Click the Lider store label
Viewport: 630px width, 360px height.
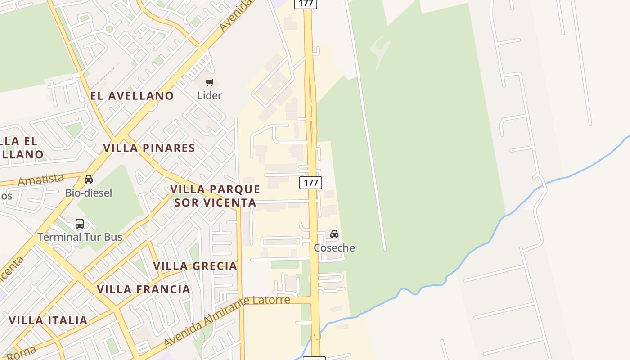pyautogui.click(x=210, y=95)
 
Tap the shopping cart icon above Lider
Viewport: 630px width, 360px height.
pyautogui.click(x=210, y=83)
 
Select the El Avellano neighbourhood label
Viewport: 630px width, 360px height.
pyautogui.click(x=132, y=95)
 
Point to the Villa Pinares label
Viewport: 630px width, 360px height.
pyautogui.click(x=149, y=148)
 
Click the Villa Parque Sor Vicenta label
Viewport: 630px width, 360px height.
pyautogui.click(x=215, y=196)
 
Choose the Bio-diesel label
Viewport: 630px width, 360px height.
pyautogui.click(x=89, y=193)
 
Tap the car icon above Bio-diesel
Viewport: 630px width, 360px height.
pyautogui.click(x=89, y=180)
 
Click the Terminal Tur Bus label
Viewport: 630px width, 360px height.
pyautogui.click(x=80, y=237)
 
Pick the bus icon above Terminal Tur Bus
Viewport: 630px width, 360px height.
pyautogui.click(x=80, y=223)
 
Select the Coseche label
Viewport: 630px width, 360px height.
pyautogui.click(x=334, y=247)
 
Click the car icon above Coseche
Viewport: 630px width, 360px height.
pyautogui.click(x=334, y=234)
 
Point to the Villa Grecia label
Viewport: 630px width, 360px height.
pyautogui.click(x=195, y=266)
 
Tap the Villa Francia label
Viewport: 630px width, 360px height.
pyautogui.click(x=144, y=289)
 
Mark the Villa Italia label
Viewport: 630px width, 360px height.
pyautogui.click(x=48, y=320)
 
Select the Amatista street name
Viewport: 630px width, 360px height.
pyautogui.click(x=40, y=180)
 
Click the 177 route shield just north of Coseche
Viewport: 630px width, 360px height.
pyautogui.click(x=310, y=183)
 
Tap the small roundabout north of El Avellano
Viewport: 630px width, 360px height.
pyautogui.click(x=109, y=30)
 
